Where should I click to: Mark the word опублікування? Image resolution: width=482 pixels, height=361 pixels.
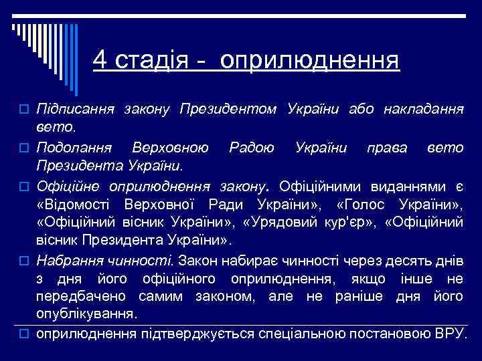(x=87, y=313)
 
